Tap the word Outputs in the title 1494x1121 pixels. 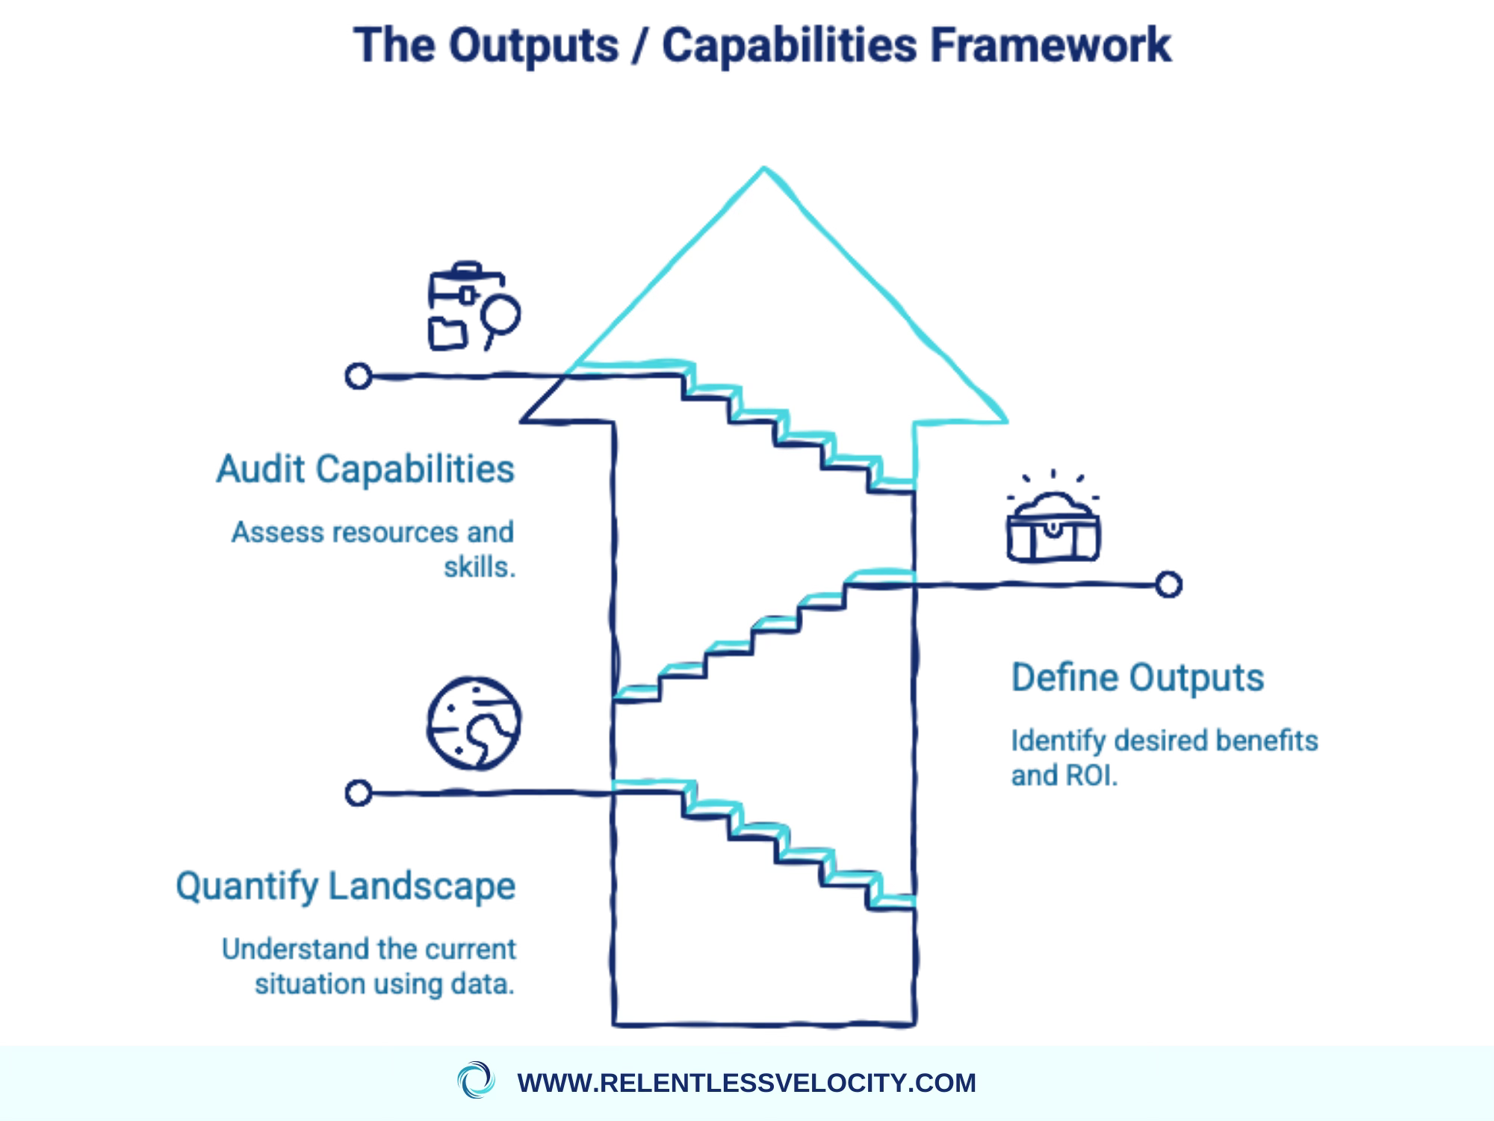[533, 45]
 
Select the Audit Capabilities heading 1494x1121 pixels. [365, 470]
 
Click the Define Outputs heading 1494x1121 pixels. [1137, 679]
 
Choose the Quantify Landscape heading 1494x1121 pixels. [345, 887]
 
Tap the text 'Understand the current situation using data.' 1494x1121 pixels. [369, 967]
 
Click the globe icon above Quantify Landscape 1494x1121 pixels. [474, 723]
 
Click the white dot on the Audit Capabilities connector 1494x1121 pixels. [359, 376]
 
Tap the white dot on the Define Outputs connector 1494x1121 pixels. [1169, 584]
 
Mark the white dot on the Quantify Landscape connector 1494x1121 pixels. [359, 792]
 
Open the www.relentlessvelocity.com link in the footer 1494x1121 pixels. [746, 1083]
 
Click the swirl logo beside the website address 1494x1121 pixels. [475, 1081]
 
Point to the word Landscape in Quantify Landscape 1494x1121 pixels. [421, 887]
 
